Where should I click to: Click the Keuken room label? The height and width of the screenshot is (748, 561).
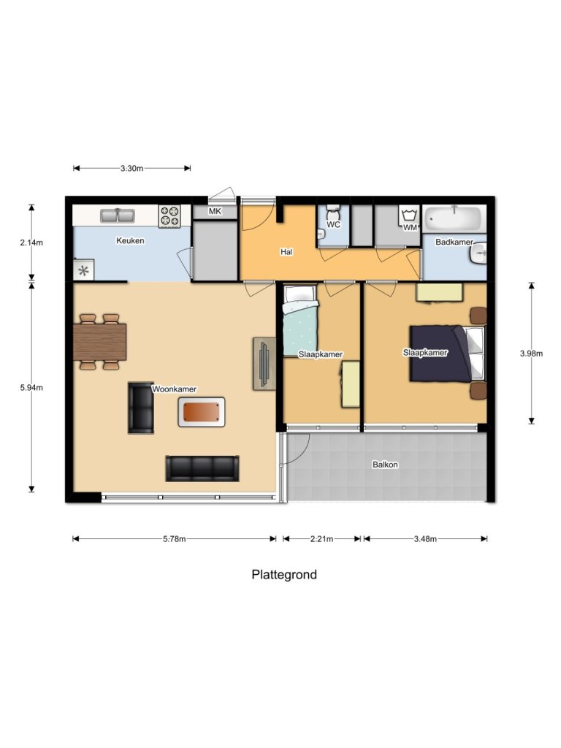(x=130, y=240)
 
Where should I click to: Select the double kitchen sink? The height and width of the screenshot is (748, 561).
(x=117, y=215)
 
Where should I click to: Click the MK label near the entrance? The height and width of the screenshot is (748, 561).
(x=215, y=212)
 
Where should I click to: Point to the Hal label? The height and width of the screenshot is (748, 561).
(x=286, y=252)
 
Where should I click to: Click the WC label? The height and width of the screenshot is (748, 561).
(x=333, y=225)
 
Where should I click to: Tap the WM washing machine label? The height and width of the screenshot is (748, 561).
(x=410, y=228)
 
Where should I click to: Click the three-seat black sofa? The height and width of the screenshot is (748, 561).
(x=202, y=468)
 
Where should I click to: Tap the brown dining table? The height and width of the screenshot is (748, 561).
(x=100, y=341)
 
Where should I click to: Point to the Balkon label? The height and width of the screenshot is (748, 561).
(x=385, y=464)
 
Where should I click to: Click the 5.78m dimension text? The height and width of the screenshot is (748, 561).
(x=173, y=539)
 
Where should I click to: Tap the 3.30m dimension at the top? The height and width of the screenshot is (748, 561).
(x=131, y=168)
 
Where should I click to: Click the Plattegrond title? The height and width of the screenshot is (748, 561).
(x=284, y=575)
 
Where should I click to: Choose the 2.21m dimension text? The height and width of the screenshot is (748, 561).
(x=321, y=539)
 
